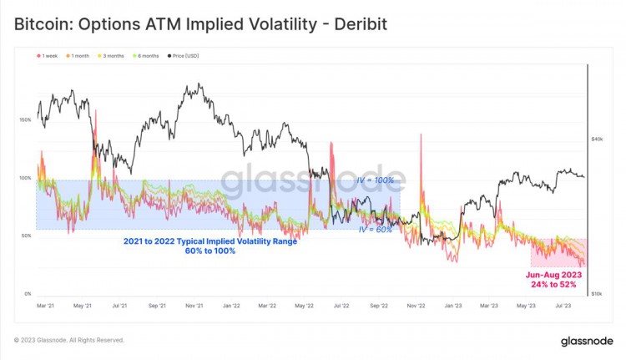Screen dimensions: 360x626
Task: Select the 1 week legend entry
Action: point(49,56)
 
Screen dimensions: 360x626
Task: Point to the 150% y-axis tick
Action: point(24,120)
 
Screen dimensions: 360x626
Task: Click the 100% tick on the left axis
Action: point(24,178)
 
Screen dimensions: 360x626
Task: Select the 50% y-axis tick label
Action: point(25,236)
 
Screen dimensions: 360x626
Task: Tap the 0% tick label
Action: point(27,294)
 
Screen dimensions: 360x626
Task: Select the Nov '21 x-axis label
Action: point(194,306)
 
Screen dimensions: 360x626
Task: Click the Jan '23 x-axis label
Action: point(453,306)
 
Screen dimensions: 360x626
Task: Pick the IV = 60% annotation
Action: point(375,229)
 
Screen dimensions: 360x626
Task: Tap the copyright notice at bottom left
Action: point(69,340)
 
